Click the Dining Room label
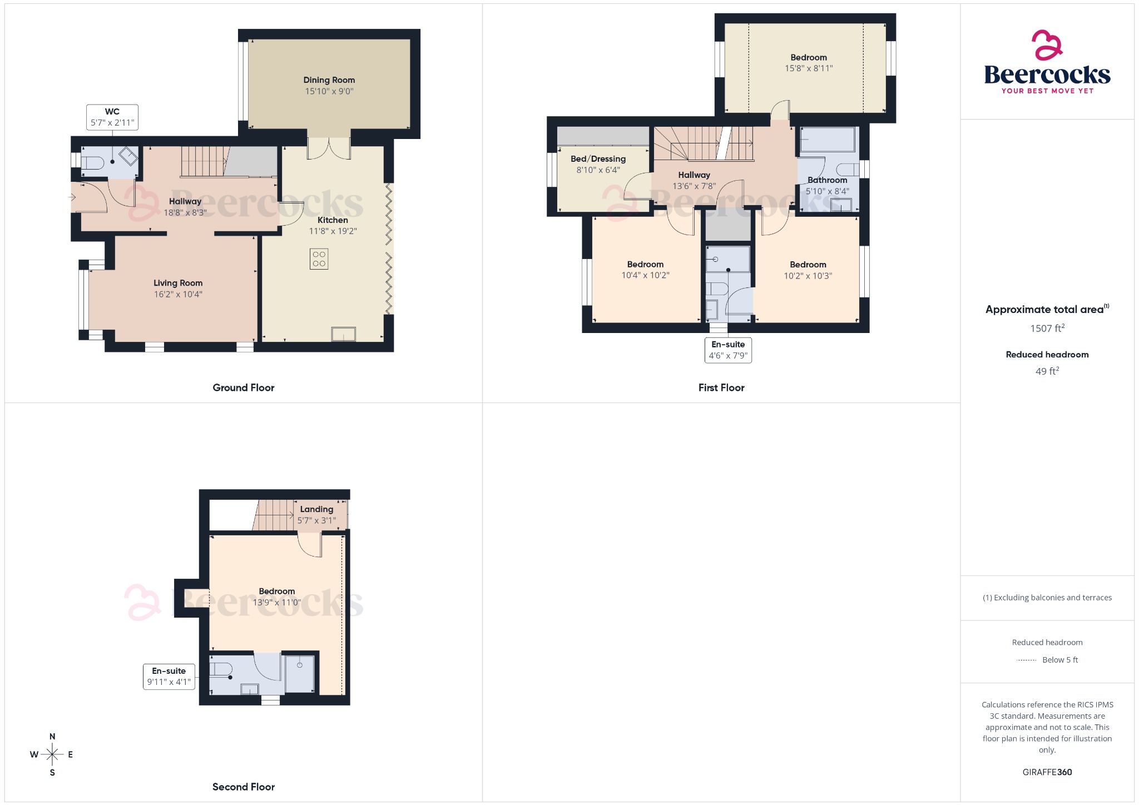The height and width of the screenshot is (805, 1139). (x=329, y=80)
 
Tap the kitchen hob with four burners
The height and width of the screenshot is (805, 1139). (x=319, y=259)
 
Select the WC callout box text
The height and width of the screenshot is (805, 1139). (x=112, y=117)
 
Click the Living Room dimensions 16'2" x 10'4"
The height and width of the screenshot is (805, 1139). (x=178, y=295)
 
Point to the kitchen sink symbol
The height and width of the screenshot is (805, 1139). (x=343, y=334)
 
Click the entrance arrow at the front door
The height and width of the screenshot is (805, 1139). (x=73, y=197)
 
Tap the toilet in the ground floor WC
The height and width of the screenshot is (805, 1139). (x=93, y=163)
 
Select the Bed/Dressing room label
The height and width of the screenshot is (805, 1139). (x=598, y=159)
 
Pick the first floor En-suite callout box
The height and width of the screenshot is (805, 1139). (x=728, y=350)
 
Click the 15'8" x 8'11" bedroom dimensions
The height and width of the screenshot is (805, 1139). (x=809, y=69)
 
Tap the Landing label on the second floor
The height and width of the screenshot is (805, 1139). (x=316, y=509)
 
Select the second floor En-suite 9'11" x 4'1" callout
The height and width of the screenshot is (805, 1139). (x=169, y=677)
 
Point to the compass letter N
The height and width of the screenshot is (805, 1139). (x=52, y=737)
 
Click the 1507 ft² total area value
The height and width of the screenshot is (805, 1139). (x=1047, y=329)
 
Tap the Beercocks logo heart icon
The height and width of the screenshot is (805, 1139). (x=1047, y=45)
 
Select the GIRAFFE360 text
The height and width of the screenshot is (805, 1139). (x=1047, y=772)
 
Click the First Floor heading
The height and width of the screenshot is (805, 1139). (x=721, y=388)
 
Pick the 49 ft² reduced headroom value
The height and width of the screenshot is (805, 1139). (x=1047, y=371)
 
